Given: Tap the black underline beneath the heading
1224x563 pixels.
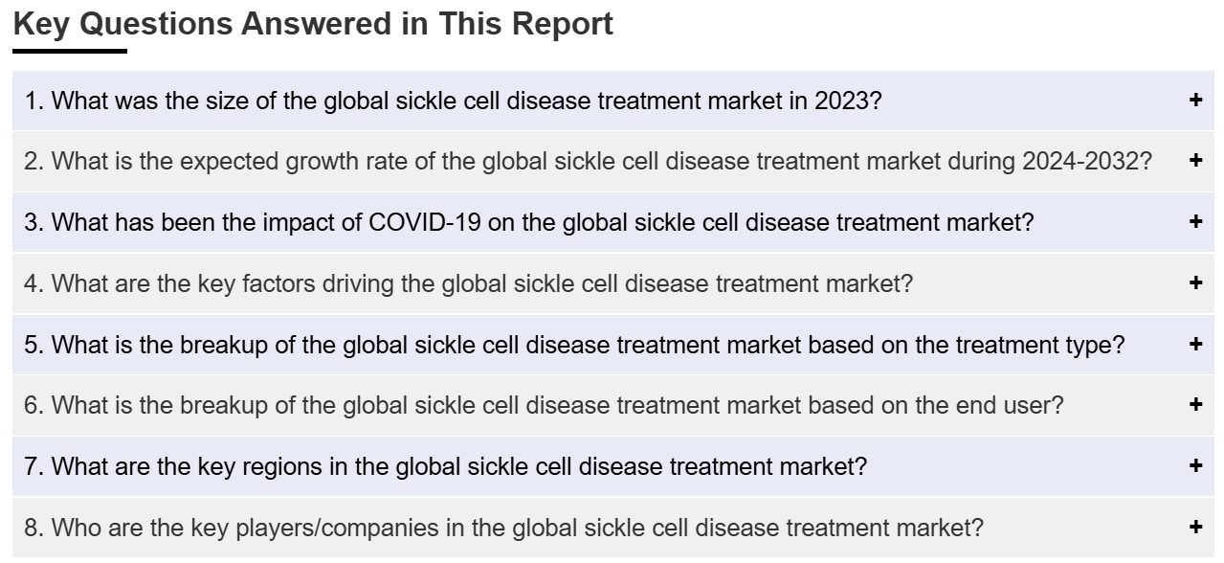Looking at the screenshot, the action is [x=70, y=52].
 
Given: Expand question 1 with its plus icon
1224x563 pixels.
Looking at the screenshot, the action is [x=1195, y=100].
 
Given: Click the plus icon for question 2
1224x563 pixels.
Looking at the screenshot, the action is [x=1195, y=160].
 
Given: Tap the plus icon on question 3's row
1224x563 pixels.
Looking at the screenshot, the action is [x=1195, y=221].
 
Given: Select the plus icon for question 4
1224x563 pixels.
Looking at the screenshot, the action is [x=1195, y=282].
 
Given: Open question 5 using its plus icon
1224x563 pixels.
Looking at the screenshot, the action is [x=1195, y=344].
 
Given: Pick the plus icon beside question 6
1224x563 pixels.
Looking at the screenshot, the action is [x=1195, y=404].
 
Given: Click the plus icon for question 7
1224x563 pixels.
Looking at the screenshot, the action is [x=1195, y=465].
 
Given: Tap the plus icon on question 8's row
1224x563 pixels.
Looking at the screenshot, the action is [x=1195, y=527].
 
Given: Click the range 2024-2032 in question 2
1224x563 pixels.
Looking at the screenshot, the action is [x=1080, y=161].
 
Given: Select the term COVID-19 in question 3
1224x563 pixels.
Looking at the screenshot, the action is [x=425, y=222].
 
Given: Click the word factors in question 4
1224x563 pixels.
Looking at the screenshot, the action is [x=278, y=283].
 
